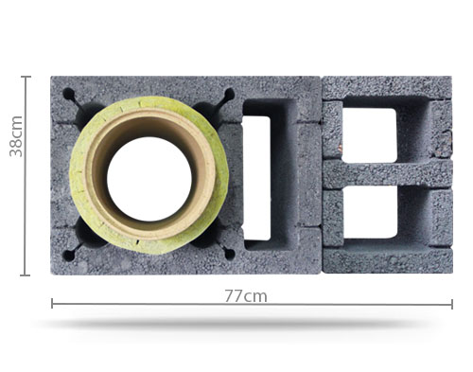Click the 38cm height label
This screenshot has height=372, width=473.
pyautogui.click(x=16, y=136)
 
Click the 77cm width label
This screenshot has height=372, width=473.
pyautogui.click(x=246, y=296)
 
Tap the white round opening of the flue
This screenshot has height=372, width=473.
pyautogui.click(x=149, y=179)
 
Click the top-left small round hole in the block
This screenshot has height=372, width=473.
pyautogui.click(x=69, y=95)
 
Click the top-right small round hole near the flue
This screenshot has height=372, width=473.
pyautogui.click(x=230, y=94)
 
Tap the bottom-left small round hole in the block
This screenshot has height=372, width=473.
pyautogui.click(x=68, y=256)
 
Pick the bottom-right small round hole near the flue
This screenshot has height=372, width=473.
pyautogui.click(x=230, y=255)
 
